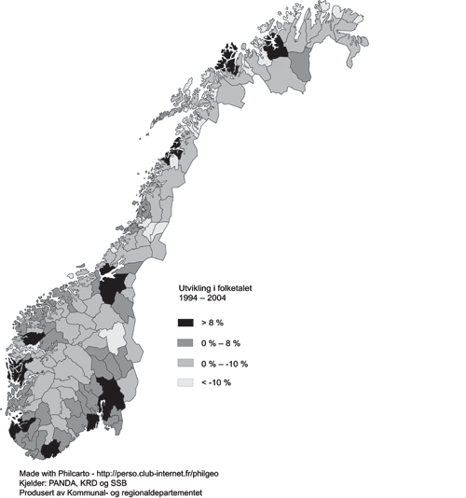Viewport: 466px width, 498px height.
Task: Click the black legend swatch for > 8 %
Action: (x=188, y=322)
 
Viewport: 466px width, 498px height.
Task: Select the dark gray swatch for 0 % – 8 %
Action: (x=188, y=342)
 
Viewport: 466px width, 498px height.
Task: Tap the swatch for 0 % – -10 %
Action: (x=188, y=363)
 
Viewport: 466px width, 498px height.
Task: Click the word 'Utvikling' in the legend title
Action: (x=196, y=289)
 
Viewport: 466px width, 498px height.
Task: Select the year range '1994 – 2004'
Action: (x=202, y=299)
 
